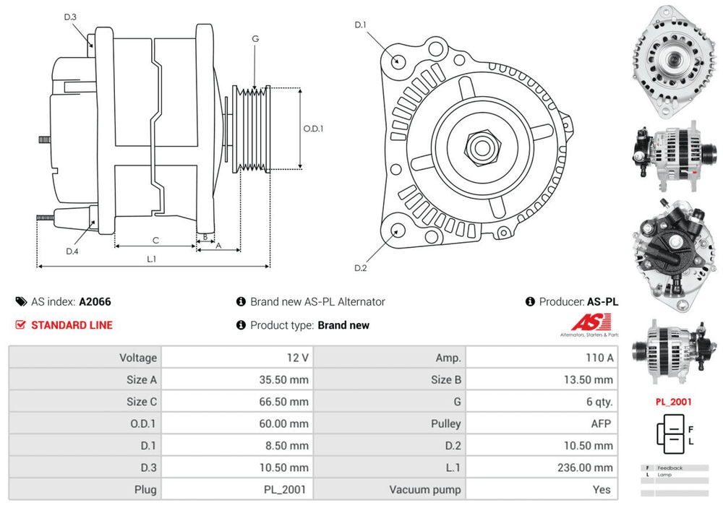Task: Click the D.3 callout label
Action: [x=70, y=17]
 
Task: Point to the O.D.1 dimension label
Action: [x=313, y=129]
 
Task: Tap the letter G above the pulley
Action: [x=255, y=38]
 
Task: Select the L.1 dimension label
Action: [x=152, y=258]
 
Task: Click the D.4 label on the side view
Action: [x=72, y=251]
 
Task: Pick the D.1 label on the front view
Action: [x=361, y=25]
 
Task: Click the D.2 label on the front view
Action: [x=361, y=268]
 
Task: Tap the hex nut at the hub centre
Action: [x=479, y=147]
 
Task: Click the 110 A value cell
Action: [x=599, y=358]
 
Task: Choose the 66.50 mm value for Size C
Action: [x=284, y=402]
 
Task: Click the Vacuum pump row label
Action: [x=425, y=489]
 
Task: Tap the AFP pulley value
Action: [x=602, y=423]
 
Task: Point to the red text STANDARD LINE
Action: [x=72, y=325]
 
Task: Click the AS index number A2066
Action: [x=95, y=302]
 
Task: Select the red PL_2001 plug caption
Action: [x=674, y=402]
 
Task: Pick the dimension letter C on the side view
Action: [x=155, y=240]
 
